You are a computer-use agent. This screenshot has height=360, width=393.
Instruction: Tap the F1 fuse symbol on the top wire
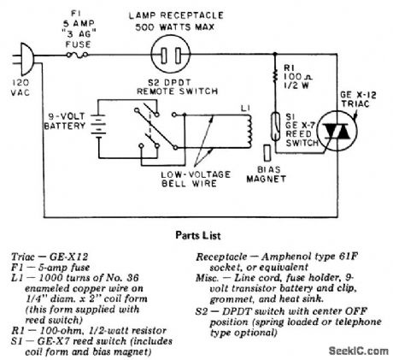[77, 55]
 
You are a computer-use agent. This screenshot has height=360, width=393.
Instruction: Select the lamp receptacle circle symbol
[171, 55]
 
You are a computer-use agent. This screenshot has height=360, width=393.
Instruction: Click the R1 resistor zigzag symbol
[275, 74]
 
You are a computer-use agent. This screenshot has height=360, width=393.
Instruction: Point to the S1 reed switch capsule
[275, 127]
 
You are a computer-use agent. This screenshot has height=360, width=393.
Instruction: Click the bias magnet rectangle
[267, 153]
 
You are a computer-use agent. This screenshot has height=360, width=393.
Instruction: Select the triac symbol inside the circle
[337, 132]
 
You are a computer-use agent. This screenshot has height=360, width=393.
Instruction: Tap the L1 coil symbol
[249, 131]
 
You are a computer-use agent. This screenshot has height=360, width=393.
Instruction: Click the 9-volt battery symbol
[98, 126]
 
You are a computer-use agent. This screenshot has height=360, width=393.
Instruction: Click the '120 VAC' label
[21, 87]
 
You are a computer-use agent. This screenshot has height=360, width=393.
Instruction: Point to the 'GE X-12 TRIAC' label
[358, 99]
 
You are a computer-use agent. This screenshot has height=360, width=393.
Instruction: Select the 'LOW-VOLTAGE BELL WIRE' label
[196, 179]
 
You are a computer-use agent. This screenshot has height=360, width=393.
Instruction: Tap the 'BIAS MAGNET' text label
[267, 174]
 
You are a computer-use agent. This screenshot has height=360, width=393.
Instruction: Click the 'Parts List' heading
[198, 235]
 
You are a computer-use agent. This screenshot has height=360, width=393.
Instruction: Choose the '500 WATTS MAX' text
[175, 27]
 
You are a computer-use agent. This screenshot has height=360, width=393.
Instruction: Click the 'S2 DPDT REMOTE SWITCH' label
[177, 87]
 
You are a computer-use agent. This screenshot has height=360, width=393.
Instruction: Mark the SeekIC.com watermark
[359, 351]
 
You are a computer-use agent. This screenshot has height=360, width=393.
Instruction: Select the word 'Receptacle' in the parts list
[221, 257]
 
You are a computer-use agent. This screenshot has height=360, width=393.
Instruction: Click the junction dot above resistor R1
[275, 54]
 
